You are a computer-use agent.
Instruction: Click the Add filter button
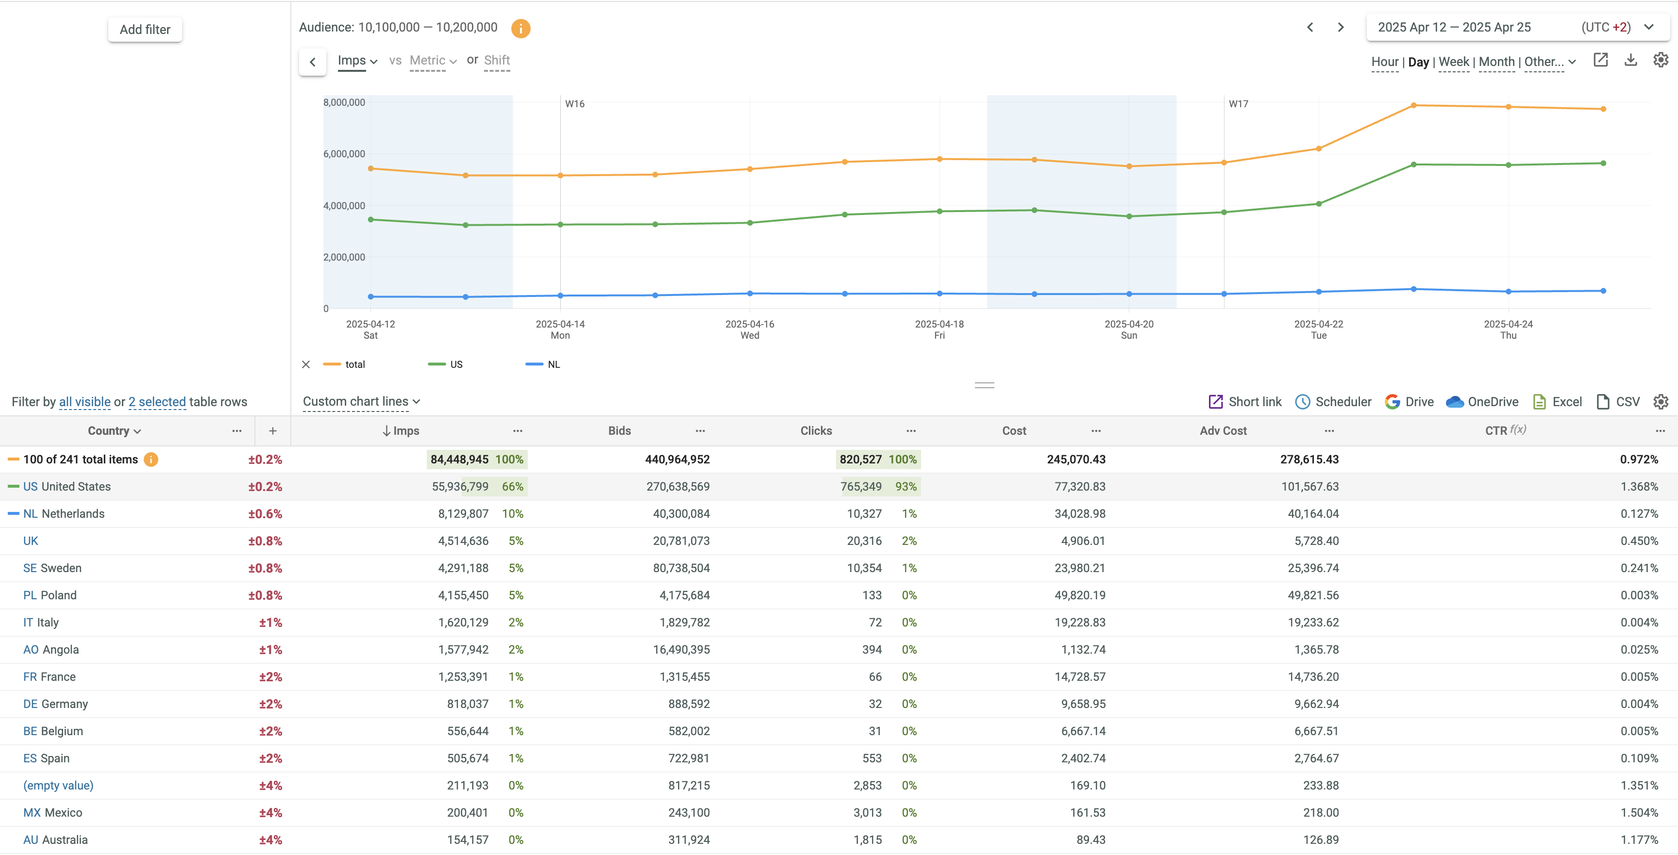click(145, 29)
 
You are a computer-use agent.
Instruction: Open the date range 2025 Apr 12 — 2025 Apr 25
click(1454, 27)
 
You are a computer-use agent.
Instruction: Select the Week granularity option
click(1453, 62)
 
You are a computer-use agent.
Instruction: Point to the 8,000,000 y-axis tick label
click(344, 102)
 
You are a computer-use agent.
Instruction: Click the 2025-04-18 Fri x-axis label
click(939, 329)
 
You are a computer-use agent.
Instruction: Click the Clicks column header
click(816, 430)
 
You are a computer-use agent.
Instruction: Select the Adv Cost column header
click(1223, 430)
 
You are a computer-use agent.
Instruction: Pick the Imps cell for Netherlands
click(463, 514)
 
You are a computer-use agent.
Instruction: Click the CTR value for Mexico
click(1639, 813)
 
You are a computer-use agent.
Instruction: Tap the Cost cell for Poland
click(1079, 595)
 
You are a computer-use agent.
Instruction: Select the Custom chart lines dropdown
click(361, 402)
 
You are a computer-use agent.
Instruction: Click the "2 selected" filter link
click(157, 402)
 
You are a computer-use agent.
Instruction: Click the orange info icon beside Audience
click(520, 28)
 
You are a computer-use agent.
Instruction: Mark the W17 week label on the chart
click(1238, 103)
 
